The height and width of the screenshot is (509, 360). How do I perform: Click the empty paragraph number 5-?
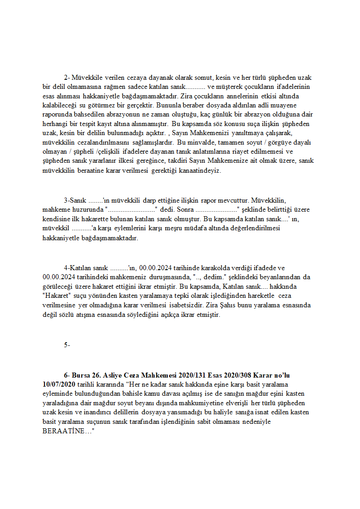tap(67, 345)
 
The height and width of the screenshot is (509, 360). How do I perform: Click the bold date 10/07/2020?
tap(59, 384)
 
